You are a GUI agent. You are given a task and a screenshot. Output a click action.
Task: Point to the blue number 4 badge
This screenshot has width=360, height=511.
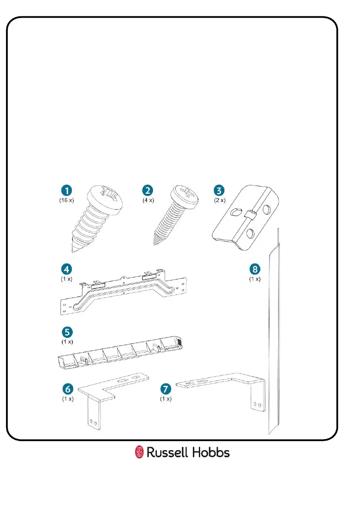66,270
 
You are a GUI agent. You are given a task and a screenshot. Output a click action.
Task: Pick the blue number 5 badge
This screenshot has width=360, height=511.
66,332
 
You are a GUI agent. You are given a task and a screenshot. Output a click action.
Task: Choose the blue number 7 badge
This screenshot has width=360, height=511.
165,390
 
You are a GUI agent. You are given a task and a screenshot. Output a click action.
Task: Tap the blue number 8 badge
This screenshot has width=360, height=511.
255,270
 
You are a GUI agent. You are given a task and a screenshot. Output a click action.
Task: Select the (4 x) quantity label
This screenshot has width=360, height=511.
149,200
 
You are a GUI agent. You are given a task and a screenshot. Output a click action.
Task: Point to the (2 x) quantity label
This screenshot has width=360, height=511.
220,200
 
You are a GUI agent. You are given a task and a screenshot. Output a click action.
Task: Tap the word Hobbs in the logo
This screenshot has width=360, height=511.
210,452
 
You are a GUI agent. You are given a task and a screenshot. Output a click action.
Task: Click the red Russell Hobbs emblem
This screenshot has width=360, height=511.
139,452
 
